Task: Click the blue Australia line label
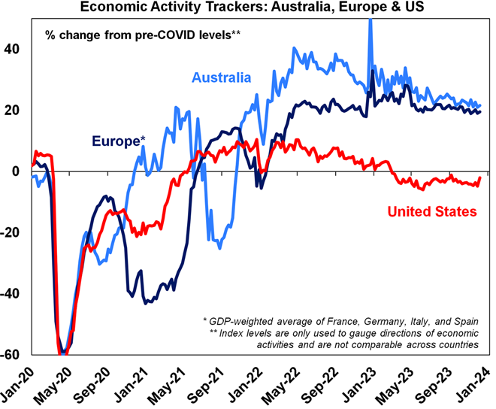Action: pyautogui.click(x=222, y=77)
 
